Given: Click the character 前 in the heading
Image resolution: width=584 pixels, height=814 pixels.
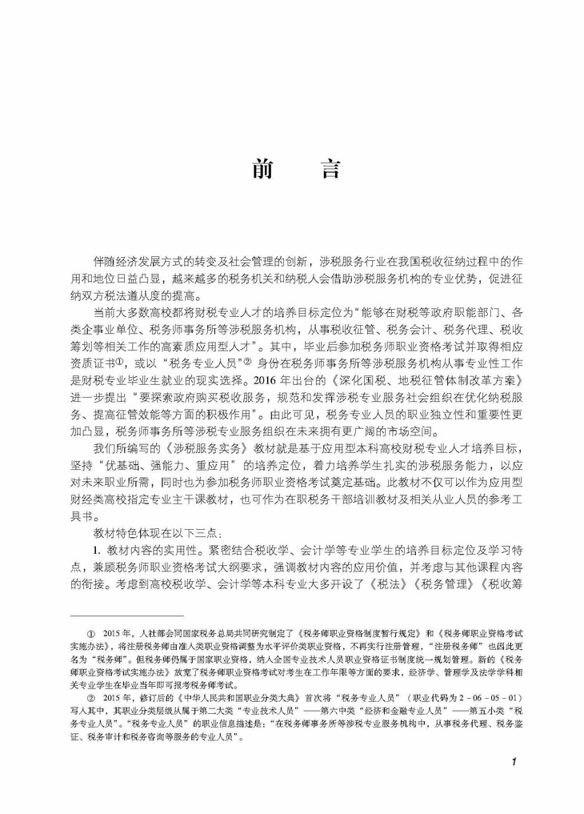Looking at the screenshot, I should (x=261, y=170).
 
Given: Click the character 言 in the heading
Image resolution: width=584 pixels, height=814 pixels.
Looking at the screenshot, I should (x=328, y=170).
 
